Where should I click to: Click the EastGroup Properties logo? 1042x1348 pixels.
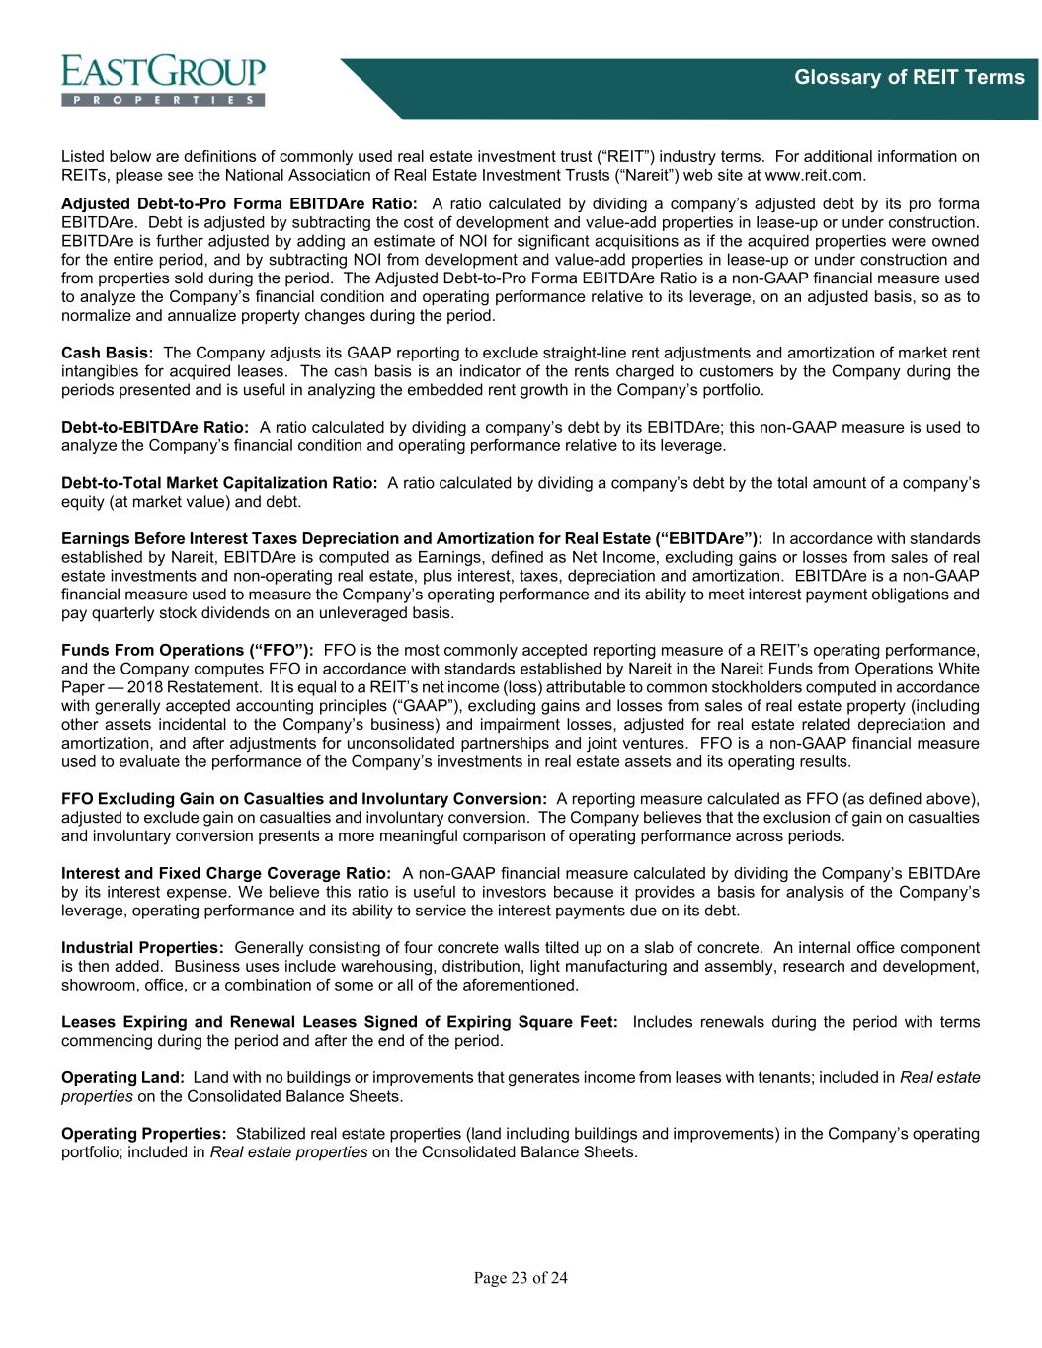point(163,79)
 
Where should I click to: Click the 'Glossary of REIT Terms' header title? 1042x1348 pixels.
point(910,77)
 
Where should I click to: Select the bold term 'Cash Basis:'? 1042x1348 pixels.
point(107,353)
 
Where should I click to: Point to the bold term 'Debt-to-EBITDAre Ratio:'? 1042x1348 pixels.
point(155,427)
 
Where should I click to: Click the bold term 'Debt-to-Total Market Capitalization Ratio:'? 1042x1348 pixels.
point(219,483)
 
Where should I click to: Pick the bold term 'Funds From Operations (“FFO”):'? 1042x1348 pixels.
point(188,650)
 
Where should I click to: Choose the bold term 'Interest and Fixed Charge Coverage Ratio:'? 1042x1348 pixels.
point(226,873)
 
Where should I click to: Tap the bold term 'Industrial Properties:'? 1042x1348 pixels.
point(142,948)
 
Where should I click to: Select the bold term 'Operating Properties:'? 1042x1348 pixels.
point(144,1133)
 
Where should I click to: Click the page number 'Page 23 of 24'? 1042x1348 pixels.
point(521,1279)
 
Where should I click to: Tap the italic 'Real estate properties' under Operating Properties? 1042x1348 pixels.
point(289,1151)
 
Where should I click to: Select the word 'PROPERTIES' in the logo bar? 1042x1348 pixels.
point(163,100)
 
